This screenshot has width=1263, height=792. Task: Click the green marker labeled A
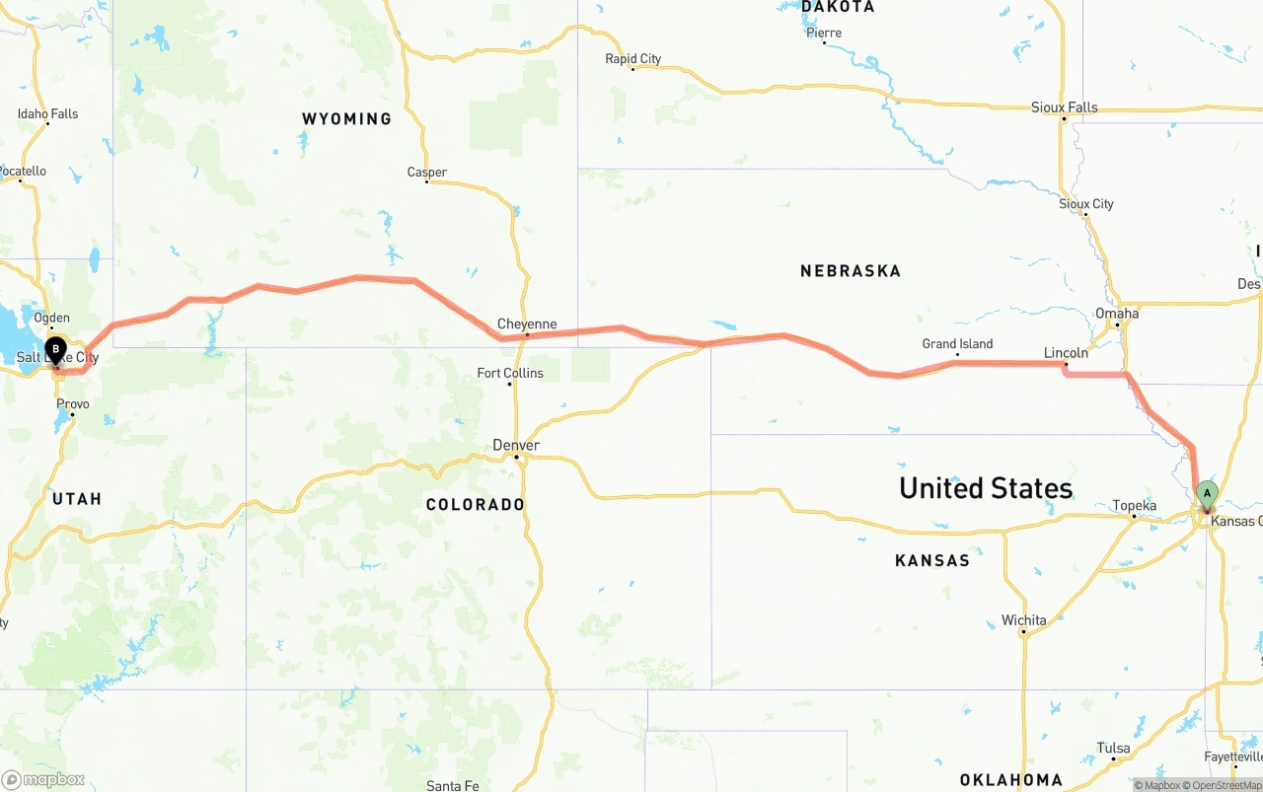point(1206,493)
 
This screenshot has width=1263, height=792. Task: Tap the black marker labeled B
point(56,349)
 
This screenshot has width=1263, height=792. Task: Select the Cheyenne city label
point(527,324)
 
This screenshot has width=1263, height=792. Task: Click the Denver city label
point(516,446)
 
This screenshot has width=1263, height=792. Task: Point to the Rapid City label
point(632,59)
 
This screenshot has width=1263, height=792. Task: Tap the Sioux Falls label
point(1064,108)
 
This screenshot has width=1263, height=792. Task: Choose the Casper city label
point(427,173)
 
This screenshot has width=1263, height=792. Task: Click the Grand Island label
point(957,344)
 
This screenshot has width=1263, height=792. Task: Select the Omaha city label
point(1117,314)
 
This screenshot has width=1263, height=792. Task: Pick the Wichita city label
point(1023,620)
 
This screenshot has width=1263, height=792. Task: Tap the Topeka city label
point(1134,506)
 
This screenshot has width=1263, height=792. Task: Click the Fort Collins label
point(510,373)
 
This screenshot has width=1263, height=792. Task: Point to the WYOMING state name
point(346,118)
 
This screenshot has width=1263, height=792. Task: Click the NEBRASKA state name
point(851,270)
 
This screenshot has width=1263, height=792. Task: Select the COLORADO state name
point(476,504)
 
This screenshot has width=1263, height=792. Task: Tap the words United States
point(985,487)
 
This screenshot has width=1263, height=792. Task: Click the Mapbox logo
point(43,779)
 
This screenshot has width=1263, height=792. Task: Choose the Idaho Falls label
point(47,114)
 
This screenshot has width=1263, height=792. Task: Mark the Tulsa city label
point(1113,748)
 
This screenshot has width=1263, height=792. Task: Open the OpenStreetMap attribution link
point(1226,786)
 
